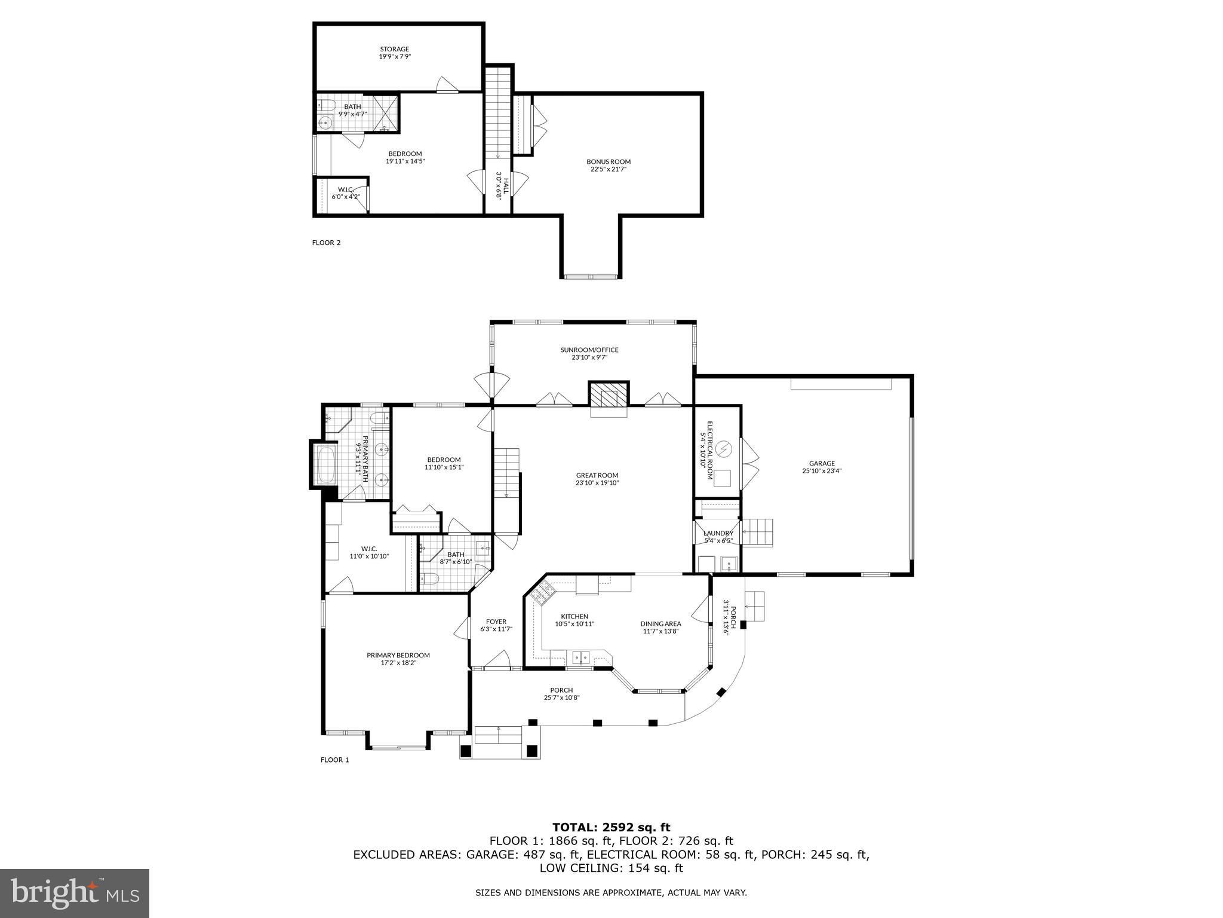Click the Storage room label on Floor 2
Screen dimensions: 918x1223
(395, 53)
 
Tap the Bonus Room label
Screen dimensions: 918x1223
(608, 165)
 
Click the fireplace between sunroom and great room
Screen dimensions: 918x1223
(609, 394)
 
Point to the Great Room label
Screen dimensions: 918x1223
(597, 479)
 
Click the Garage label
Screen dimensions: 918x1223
(822, 466)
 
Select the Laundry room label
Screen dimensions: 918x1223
(718, 536)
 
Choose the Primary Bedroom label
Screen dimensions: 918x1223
(398, 659)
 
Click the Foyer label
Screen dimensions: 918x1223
(496, 625)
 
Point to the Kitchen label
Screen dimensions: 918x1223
(574, 620)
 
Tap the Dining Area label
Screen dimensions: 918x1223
(661, 627)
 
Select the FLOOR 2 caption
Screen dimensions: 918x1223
(326, 243)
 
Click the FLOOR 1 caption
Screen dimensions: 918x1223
(334, 760)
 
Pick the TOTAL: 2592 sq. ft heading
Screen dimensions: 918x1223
(611, 827)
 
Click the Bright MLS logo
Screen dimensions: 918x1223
(75, 893)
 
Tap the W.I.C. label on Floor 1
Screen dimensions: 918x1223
(369, 552)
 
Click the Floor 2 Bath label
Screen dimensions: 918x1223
(352, 110)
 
